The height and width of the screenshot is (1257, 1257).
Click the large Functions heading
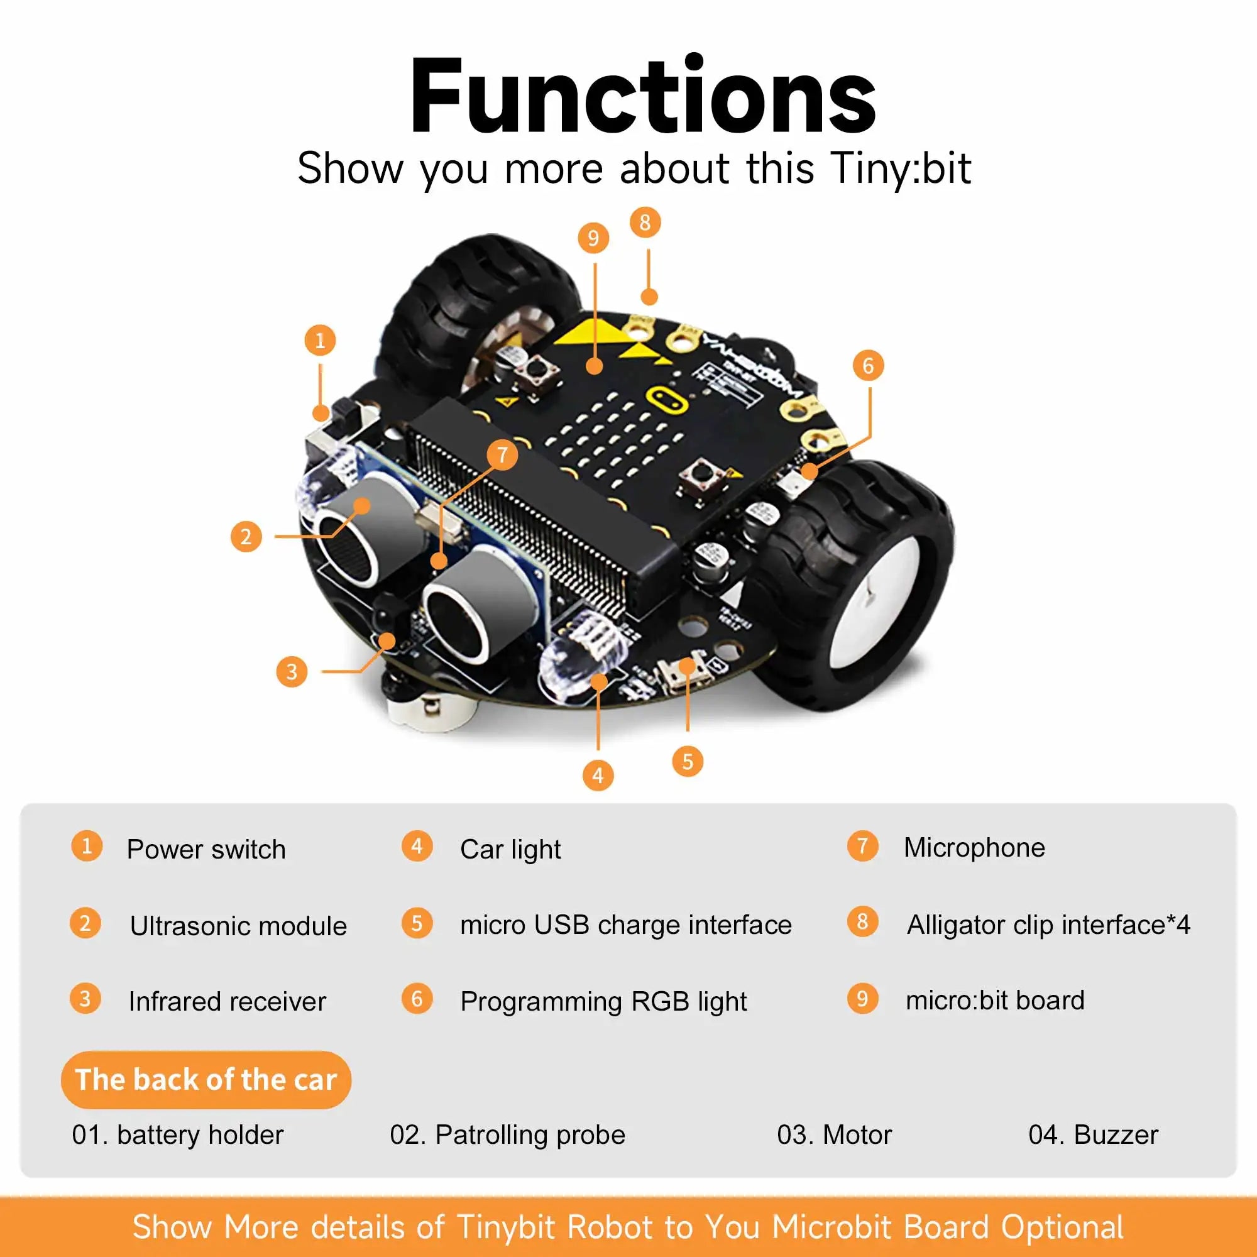(x=643, y=97)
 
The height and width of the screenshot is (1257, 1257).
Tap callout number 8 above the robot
(x=645, y=222)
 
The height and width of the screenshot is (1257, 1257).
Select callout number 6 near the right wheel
(x=868, y=366)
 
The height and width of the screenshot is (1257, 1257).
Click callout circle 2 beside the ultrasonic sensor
(x=246, y=537)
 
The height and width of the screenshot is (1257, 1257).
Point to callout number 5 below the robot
(x=688, y=761)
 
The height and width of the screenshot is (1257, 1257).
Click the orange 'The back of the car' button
(x=206, y=1079)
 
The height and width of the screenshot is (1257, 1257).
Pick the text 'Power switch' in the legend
(x=206, y=850)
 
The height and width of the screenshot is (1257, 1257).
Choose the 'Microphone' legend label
(x=974, y=848)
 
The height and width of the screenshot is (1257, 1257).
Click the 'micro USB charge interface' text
(x=626, y=925)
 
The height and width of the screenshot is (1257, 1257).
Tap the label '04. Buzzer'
(x=1093, y=1134)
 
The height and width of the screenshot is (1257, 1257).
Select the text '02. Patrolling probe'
(x=507, y=1134)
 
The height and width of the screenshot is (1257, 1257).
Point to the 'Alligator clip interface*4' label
(x=1048, y=925)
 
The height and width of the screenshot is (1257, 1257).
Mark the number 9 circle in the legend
(x=863, y=999)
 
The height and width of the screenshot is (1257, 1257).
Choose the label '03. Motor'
(x=834, y=1134)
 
